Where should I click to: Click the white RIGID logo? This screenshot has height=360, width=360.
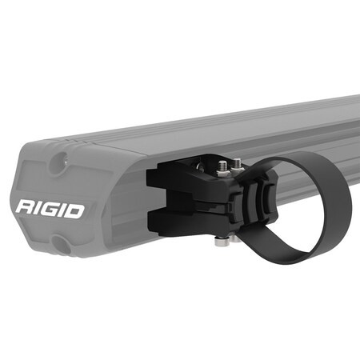coord(50,210)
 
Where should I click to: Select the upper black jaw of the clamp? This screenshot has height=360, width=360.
coord(184,178)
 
